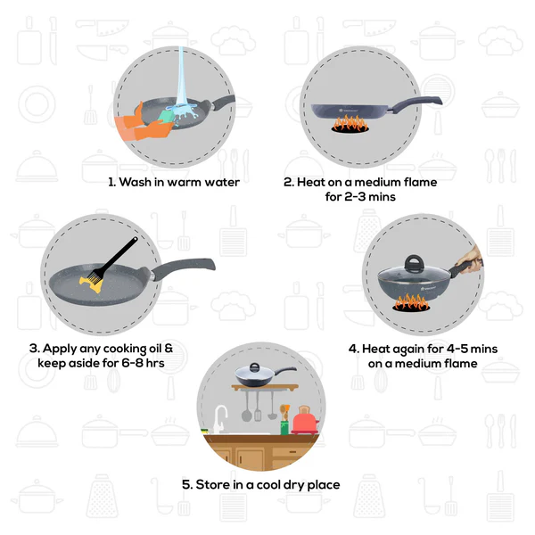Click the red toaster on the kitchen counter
(x=303, y=418)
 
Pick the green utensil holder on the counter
(x=284, y=426)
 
